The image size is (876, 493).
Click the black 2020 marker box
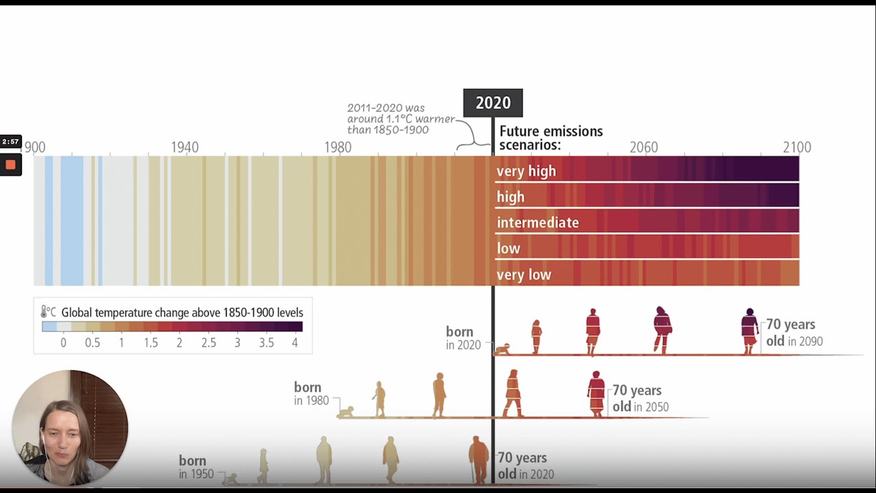[x=493, y=103]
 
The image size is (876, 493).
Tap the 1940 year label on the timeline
[x=185, y=147]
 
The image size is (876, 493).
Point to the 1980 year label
[x=337, y=147]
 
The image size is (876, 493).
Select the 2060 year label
[x=643, y=147]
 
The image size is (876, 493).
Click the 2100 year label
[x=797, y=147]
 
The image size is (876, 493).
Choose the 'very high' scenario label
[x=526, y=171]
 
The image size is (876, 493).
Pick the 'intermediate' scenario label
[x=538, y=223]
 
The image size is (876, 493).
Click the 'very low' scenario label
[x=524, y=275]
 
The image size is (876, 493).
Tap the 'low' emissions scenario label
[x=508, y=249]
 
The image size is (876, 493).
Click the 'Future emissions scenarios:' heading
[x=551, y=138]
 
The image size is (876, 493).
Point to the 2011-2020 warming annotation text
[x=400, y=119]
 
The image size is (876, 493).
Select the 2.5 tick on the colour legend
[x=208, y=342]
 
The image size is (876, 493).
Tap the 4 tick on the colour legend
[x=295, y=342]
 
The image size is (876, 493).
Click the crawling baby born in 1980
[x=346, y=412]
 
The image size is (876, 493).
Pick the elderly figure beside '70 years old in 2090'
[x=749, y=331]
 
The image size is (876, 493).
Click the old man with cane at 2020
[x=478, y=459]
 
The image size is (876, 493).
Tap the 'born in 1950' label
[x=196, y=467]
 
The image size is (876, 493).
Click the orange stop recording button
[x=10, y=165]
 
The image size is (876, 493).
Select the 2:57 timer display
[x=10, y=142]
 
